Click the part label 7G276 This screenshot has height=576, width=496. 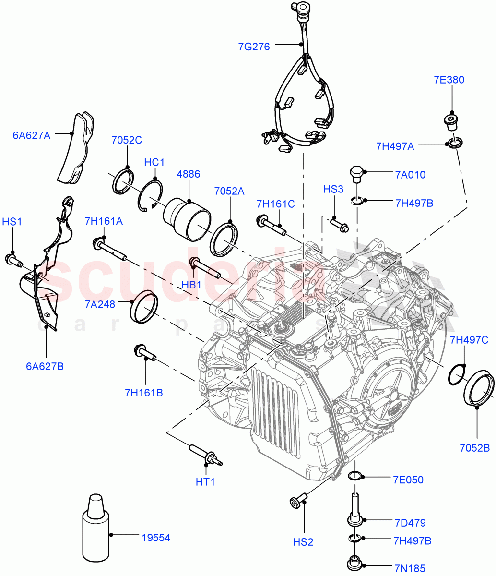254,47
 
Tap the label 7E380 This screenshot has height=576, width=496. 449,80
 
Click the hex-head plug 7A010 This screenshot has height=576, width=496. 356,174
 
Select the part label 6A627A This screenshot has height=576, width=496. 31,135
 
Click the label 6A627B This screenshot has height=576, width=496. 45,366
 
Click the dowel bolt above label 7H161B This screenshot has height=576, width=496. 145,353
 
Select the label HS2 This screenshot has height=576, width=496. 303,542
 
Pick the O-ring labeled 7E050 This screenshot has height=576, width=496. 355,476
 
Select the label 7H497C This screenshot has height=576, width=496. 469,340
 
